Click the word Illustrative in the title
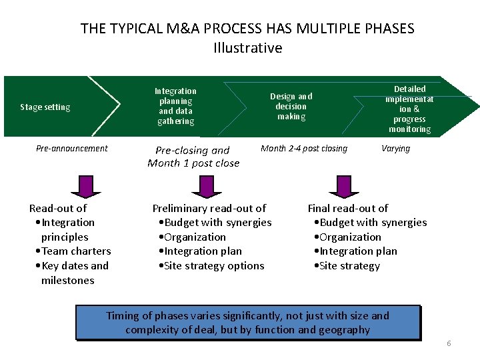pyautogui.click(x=247, y=48)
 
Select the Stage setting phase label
pyautogui.click(x=45, y=107)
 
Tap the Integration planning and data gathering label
pyautogui.click(x=175, y=106)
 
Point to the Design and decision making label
pyautogui.click(x=291, y=106)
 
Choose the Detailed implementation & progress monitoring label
pyautogui.click(x=409, y=109)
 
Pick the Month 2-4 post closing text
pyautogui.click(x=303, y=148)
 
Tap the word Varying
pyautogui.click(x=395, y=148)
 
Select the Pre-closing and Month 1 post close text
pyautogui.click(x=193, y=157)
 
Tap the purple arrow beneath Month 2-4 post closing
pyautogui.click(x=343, y=185)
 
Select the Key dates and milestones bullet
pyautogui.click(x=71, y=273)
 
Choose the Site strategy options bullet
pyautogui.click(x=211, y=266)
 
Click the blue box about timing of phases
pyautogui.click(x=248, y=323)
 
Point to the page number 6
pyautogui.click(x=449, y=343)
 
